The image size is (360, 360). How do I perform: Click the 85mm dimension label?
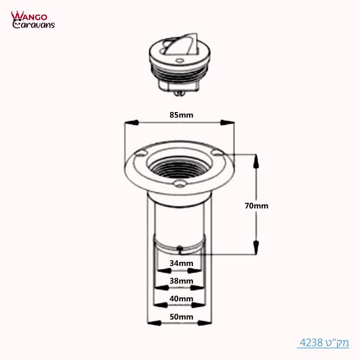click(x=181, y=115)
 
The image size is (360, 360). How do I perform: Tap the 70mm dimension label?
click(x=256, y=206)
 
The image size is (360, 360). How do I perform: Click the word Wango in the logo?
click(x=28, y=16)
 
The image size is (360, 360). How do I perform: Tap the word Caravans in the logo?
click(x=33, y=24)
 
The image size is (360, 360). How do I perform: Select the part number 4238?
click(x=310, y=342)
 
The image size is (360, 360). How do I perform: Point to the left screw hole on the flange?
click(x=141, y=153)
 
